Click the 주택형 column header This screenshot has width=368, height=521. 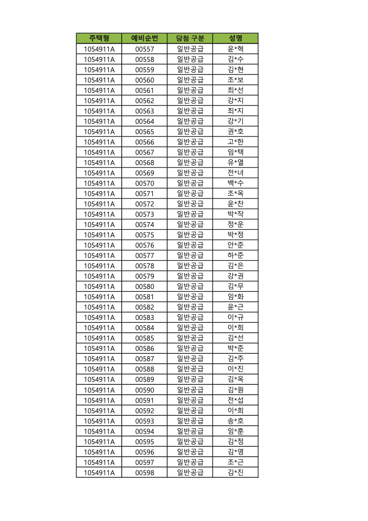[x=99, y=38]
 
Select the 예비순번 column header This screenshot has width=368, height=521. [x=144, y=38]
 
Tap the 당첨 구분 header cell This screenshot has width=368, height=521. [x=190, y=38]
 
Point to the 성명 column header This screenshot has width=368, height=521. [x=236, y=38]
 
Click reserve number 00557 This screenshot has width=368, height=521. [x=144, y=49]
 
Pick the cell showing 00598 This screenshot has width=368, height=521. [x=144, y=473]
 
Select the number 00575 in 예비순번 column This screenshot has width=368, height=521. [x=144, y=235]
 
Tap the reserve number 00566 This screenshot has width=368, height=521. [x=144, y=142]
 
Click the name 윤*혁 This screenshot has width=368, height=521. [x=236, y=49]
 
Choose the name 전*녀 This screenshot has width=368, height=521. [x=236, y=173]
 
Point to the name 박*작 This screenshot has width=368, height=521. [x=236, y=214]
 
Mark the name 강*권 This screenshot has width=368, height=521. [x=236, y=276]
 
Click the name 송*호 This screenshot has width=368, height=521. [x=236, y=421]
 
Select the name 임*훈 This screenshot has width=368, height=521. [x=236, y=431]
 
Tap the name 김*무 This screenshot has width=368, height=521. [x=236, y=287]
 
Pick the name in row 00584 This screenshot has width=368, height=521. [x=236, y=328]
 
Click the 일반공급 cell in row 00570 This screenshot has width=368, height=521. [x=190, y=183]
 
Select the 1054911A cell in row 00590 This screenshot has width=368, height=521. [x=99, y=390]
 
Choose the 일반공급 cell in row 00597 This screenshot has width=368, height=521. [x=190, y=462]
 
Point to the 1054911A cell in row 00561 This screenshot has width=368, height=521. [x=99, y=90]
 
